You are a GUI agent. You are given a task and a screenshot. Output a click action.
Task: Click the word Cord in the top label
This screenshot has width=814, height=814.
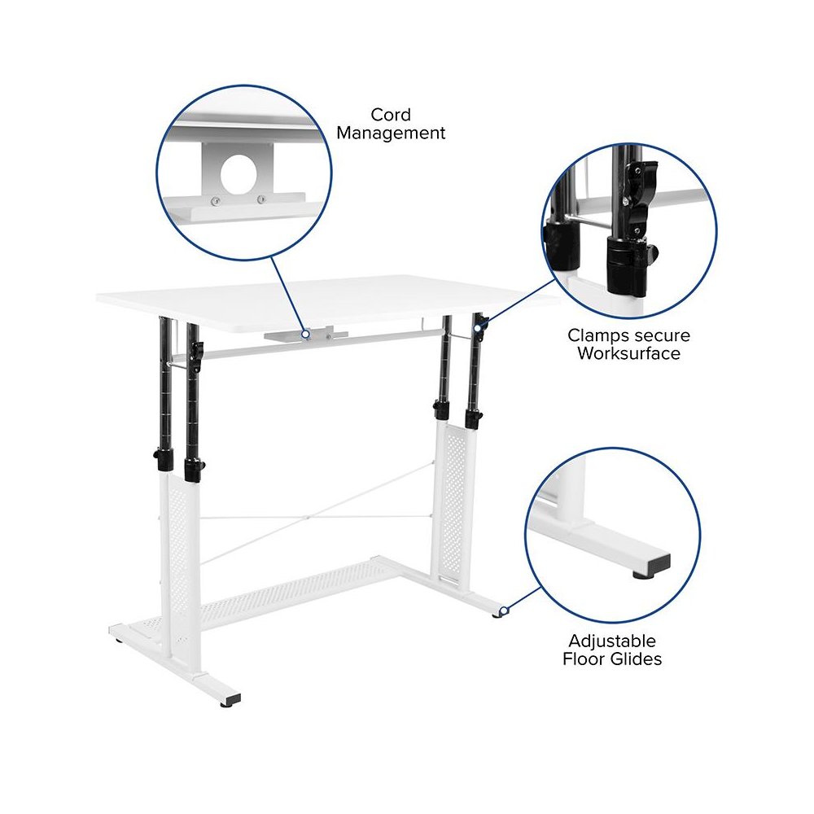(x=391, y=115)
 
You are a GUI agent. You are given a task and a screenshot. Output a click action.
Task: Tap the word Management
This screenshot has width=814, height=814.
(x=392, y=133)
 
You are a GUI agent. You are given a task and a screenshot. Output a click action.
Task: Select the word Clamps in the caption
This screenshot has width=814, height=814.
(x=598, y=335)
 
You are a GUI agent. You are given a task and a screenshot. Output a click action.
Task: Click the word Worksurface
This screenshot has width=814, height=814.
(x=628, y=353)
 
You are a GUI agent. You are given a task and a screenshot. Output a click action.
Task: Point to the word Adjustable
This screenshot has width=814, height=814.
(x=611, y=641)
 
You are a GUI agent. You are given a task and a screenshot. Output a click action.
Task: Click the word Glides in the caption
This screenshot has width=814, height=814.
(x=636, y=659)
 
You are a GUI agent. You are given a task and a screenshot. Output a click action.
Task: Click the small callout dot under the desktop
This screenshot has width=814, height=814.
(x=304, y=333)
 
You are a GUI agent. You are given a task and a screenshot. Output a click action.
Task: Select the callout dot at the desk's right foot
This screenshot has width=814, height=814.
(x=504, y=610)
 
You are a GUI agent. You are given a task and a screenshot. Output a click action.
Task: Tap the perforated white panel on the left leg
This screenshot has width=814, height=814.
(x=178, y=554)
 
